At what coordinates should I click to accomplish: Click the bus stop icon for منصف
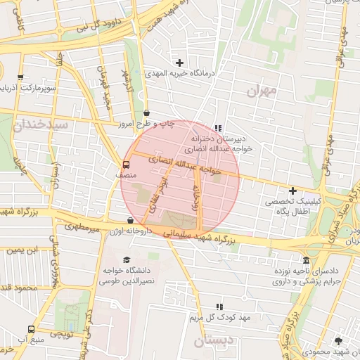(x=126, y=165)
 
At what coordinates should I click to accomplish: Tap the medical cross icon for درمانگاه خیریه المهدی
(x=180, y=63)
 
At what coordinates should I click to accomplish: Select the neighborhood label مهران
(x=262, y=91)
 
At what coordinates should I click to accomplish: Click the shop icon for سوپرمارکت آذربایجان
(x=20, y=78)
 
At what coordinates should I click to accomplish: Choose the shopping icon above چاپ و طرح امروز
(x=146, y=112)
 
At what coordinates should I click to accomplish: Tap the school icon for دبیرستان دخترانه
(x=218, y=129)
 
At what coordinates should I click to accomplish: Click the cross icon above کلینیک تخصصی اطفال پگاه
(x=292, y=191)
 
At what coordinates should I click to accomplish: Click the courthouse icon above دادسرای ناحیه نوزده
(x=304, y=260)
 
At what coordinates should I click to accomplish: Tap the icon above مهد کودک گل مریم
(x=220, y=307)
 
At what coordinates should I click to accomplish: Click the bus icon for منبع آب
(x=30, y=329)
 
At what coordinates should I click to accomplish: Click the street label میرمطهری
(x=82, y=227)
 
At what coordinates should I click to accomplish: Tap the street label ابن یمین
(x=21, y=250)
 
